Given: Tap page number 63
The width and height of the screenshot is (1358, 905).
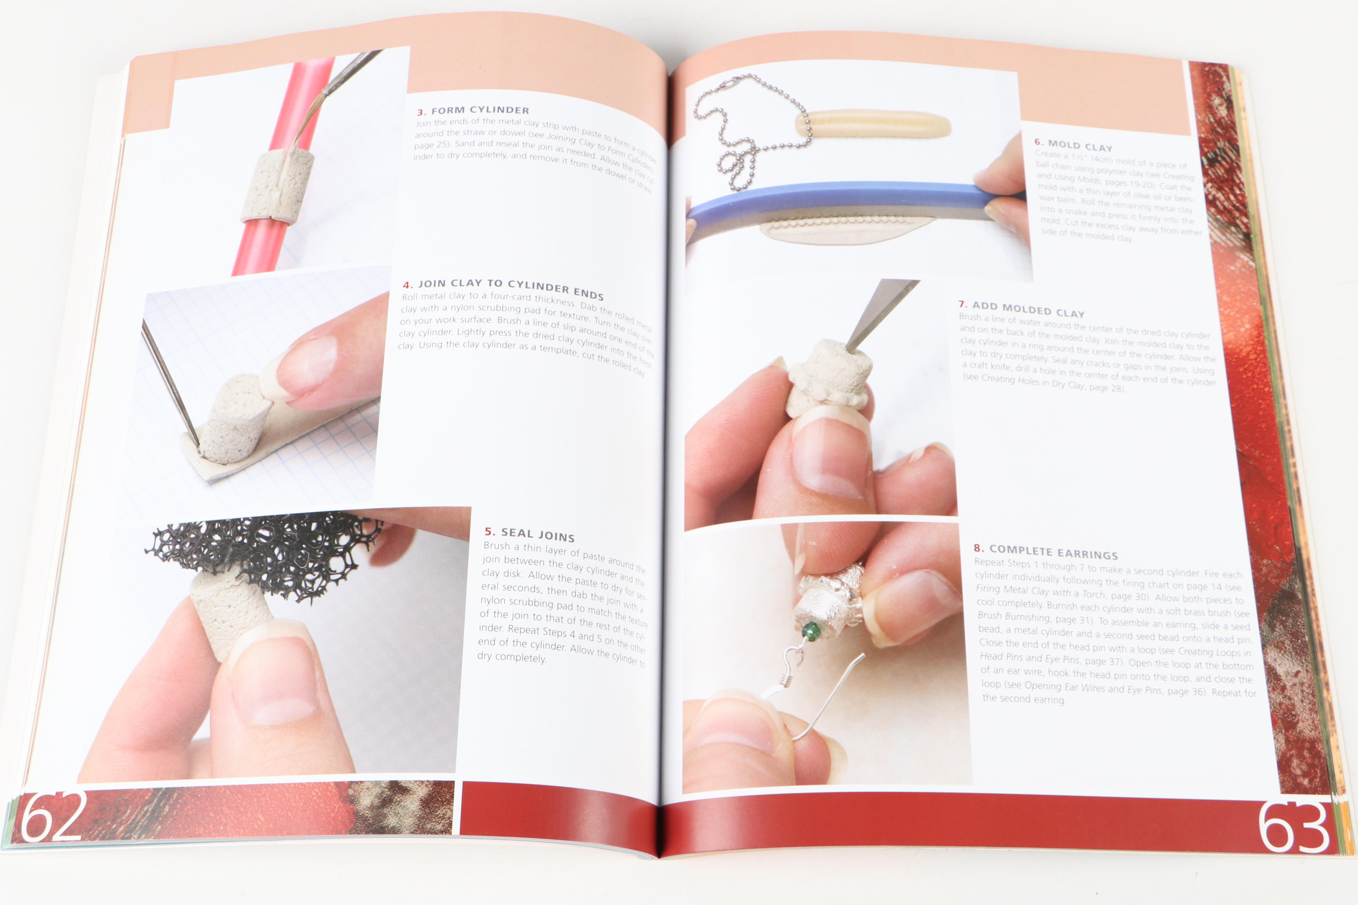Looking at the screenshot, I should point(1293,827).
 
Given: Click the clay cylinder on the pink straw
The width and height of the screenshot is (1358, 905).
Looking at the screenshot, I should point(277,185).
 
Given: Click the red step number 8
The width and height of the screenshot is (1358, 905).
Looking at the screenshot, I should point(978,548).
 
